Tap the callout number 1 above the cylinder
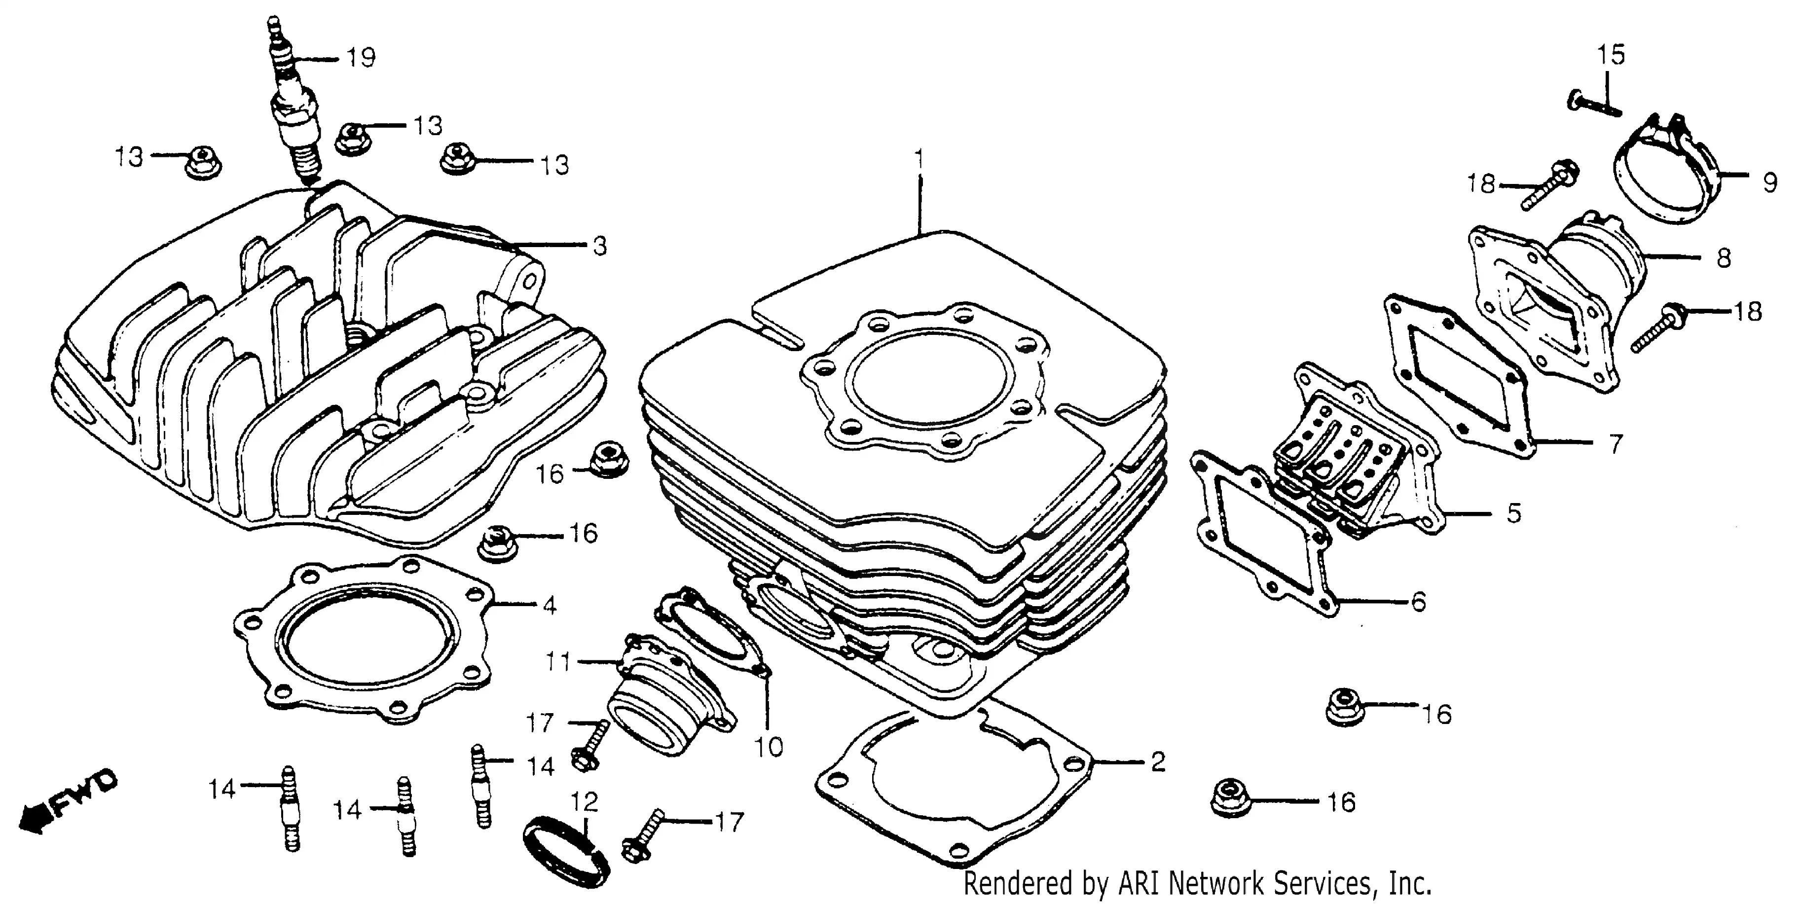point(920,160)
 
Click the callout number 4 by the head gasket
point(550,606)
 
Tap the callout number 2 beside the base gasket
point(1158,761)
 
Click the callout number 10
point(769,747)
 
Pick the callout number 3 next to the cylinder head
point(600,246)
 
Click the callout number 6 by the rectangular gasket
point(1418,601)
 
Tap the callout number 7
point(1615,444)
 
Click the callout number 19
point(362,57)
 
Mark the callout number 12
point(585,802)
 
